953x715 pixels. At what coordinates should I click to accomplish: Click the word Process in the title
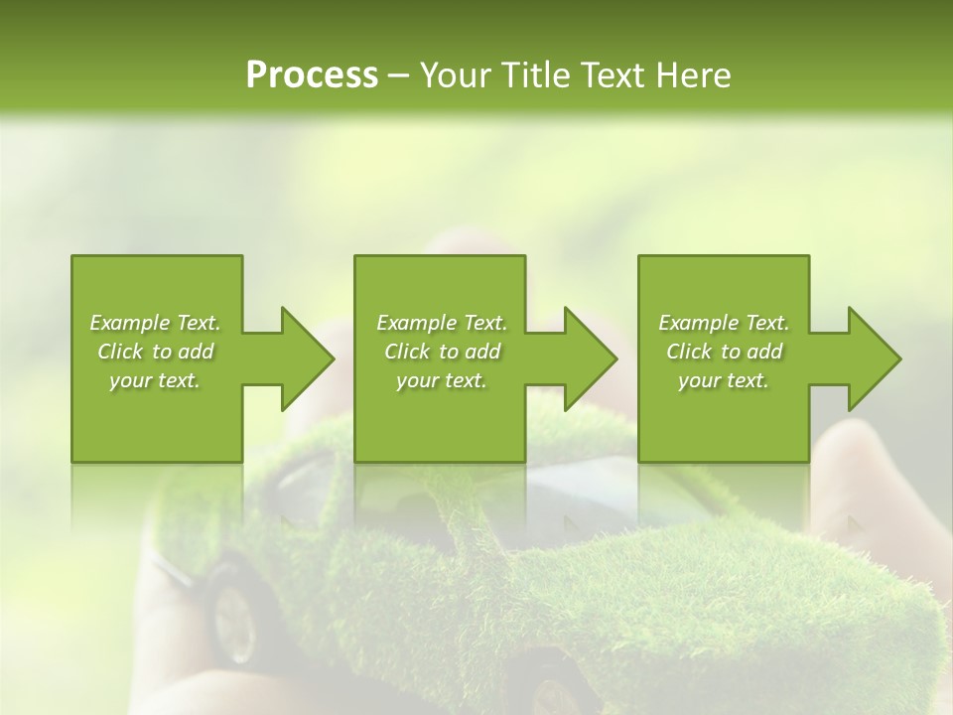pos(312,74)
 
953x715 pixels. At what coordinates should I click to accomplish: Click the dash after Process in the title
pos(399,75)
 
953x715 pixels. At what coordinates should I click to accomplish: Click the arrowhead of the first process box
pos(307,358)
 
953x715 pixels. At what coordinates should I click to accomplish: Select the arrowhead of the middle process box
pos(590,358)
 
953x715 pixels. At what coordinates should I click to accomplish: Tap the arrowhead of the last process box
pos(874,358)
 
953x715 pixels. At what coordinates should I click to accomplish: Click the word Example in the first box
pos(129,323)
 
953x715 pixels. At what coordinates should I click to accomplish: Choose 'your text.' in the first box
pos(155,380)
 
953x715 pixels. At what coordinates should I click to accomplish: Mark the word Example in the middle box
pos(416,323)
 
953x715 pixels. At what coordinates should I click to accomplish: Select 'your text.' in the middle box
pos(441,380)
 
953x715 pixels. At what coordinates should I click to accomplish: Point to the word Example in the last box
pos(698,323)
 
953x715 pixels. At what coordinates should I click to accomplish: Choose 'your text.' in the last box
pos(724,380)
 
